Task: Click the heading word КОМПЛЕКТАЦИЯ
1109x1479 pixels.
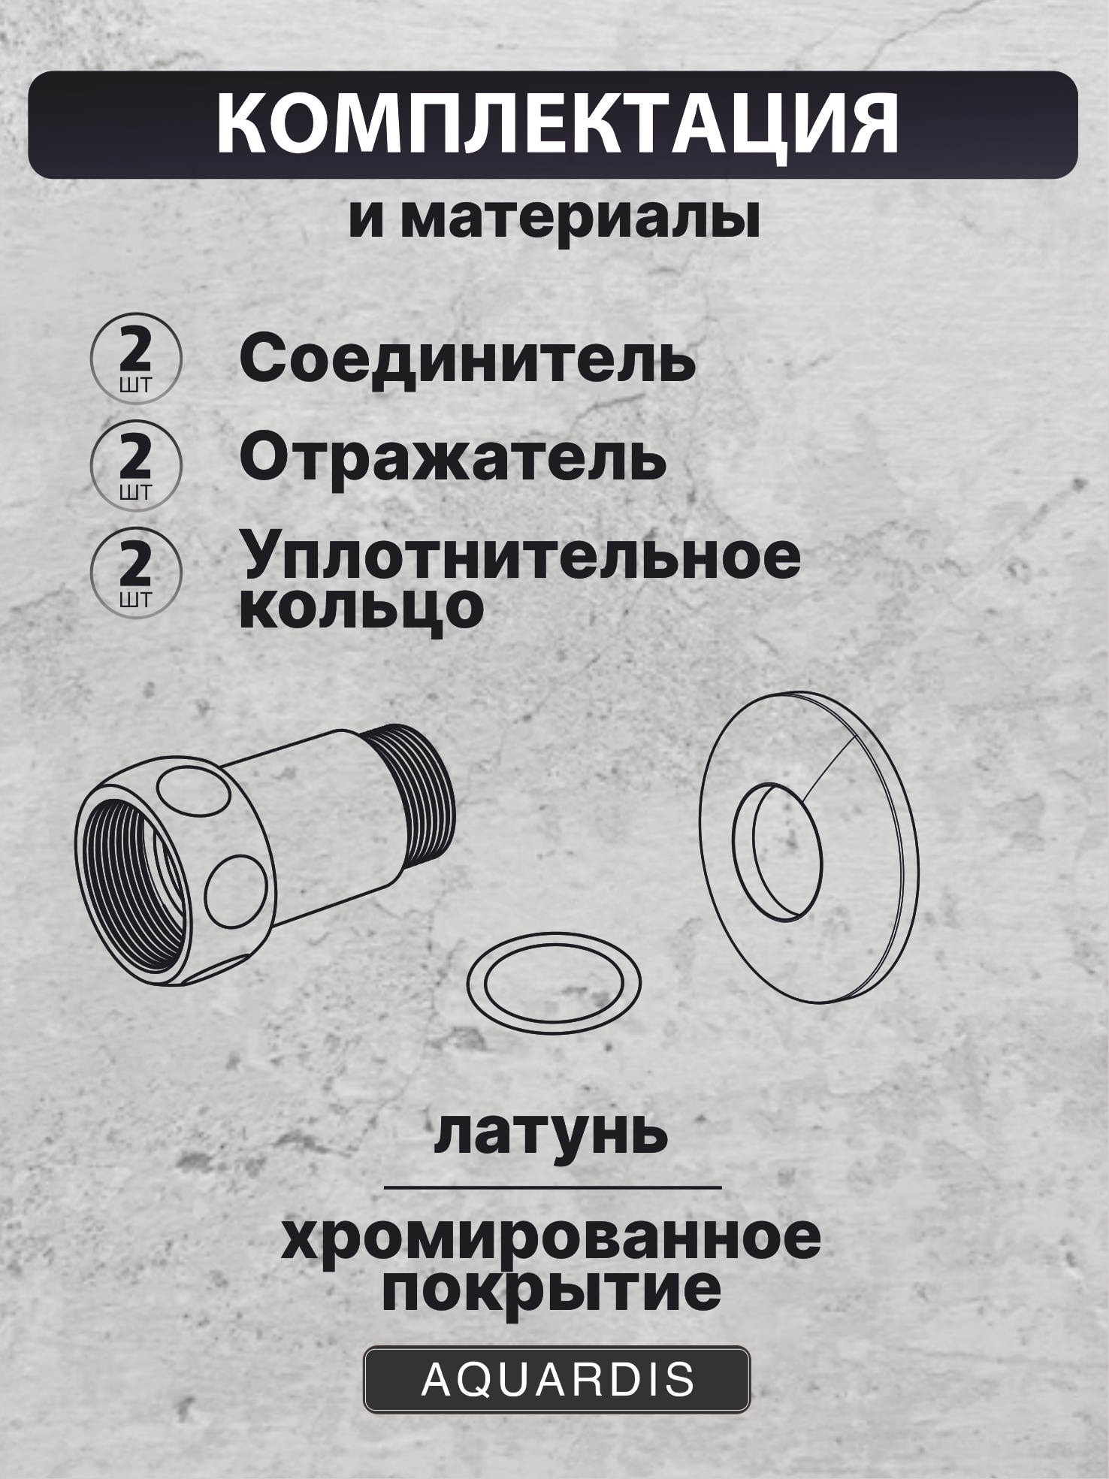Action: point(556,125)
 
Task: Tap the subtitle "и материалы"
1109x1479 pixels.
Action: point(554,221)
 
